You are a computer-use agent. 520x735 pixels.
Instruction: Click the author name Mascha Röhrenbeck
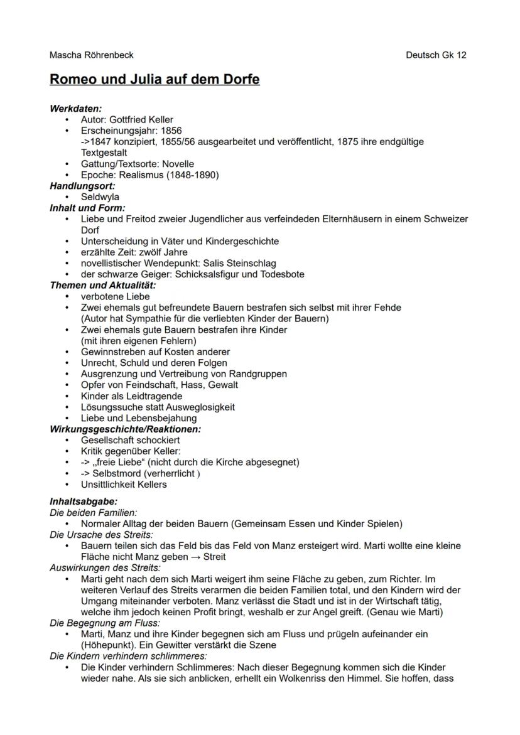pos(91,55)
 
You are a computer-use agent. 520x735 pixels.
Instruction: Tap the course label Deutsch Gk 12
pos(436,55)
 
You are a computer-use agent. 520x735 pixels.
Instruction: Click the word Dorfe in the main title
pos(237,80)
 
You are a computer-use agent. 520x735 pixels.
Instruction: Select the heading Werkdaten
pos(75,109)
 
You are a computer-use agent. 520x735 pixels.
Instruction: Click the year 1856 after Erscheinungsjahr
pos(171,131)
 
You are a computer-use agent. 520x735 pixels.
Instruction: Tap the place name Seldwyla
pos(100,197)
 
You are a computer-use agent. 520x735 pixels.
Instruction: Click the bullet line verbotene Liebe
pos(116,296)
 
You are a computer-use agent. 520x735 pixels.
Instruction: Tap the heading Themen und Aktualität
pos(103,285)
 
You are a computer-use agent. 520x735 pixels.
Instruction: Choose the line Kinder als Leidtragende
pos(131,396)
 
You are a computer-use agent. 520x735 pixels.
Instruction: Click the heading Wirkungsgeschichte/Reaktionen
pos(125,429)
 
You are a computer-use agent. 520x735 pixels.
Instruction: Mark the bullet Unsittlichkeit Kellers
pos(124,485)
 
